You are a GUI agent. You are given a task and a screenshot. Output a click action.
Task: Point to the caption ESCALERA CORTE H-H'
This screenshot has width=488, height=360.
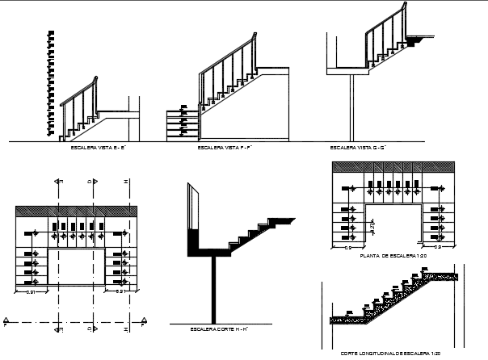(x=218, y=329)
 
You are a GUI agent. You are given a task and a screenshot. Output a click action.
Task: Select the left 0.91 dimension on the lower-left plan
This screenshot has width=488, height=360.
(x=30, y=291)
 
